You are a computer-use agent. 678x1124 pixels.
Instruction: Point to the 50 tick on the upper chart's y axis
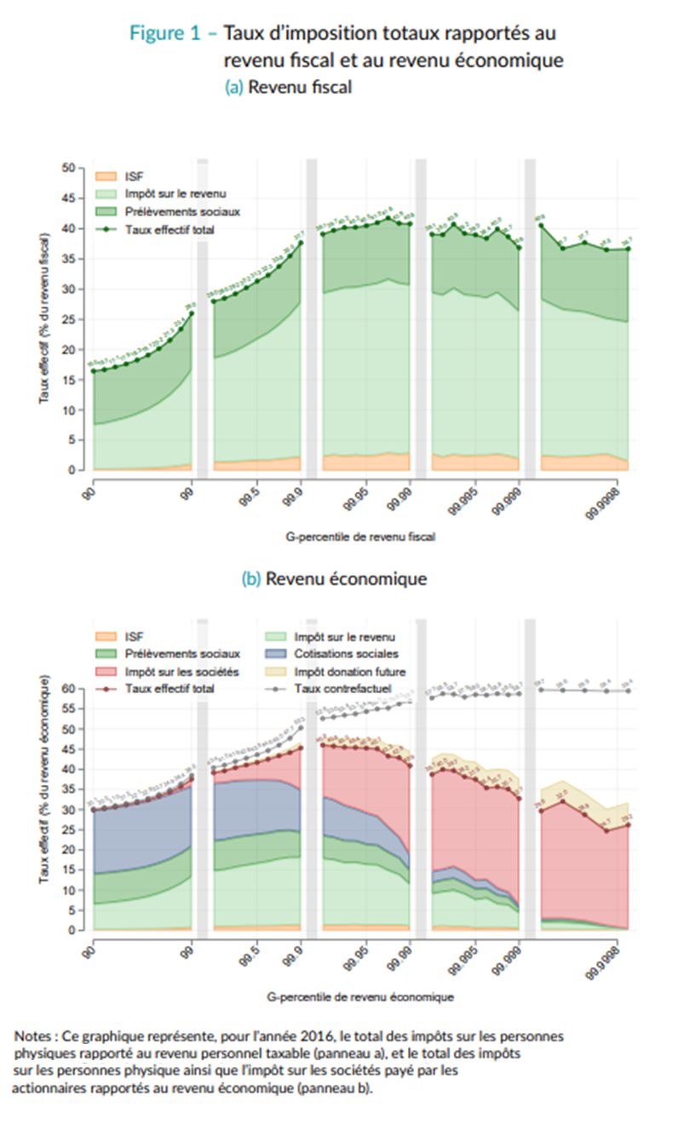coord(69,168)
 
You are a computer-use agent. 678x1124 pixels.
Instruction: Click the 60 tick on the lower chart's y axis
coord(69,688)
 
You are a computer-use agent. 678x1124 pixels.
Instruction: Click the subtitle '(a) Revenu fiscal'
coord(288,87)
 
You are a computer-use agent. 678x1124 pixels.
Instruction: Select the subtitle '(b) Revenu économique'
coord(334,578)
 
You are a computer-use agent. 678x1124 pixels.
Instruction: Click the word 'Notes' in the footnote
coord(33,1035)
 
